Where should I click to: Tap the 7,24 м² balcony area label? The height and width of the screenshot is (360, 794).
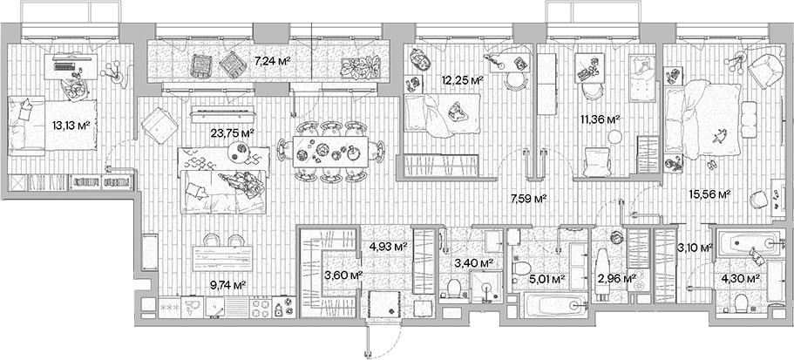[x=271, y=62]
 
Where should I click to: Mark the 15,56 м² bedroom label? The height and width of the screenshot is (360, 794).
[x=711, y=195]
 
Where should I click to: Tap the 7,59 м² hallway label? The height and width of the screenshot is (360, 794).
[x=528, y=199]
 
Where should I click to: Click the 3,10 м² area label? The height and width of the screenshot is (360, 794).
[x=697, y=248]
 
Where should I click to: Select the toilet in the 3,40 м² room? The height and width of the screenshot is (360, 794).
[x=453, y=289]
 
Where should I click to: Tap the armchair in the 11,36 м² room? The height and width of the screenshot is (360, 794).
[x=596, y=162]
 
